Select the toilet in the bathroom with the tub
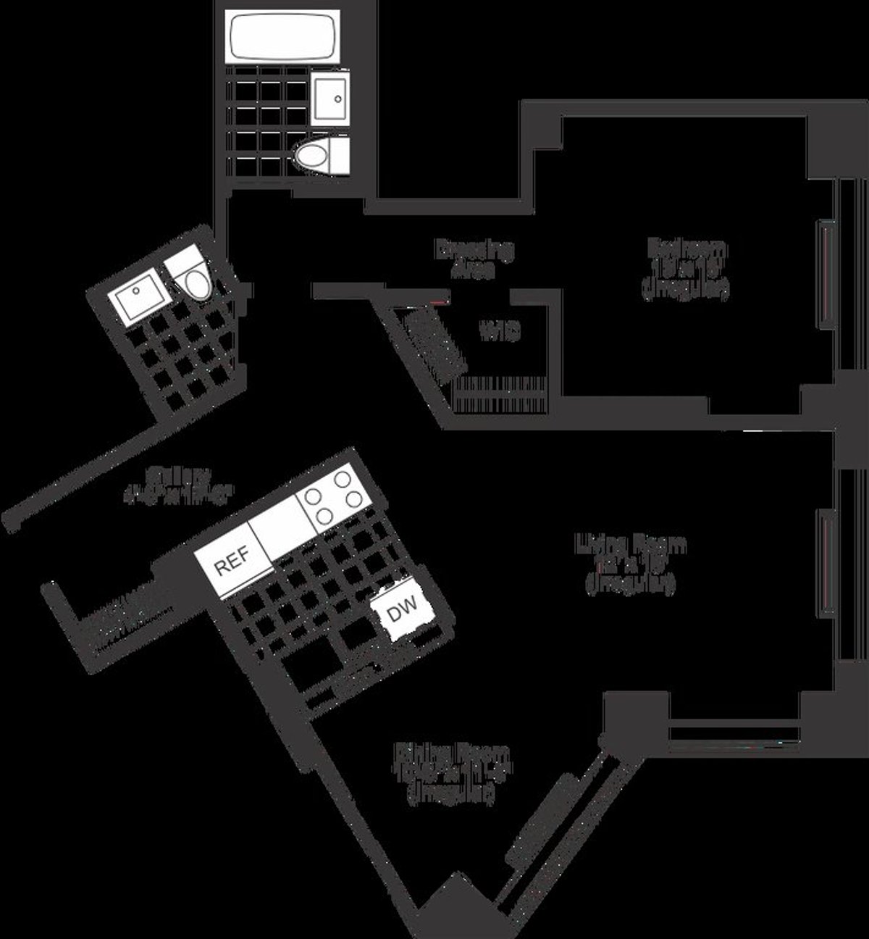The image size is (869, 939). (x=321, y=155)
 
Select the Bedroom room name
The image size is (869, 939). (x=687, y=249)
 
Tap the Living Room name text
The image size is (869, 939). (x=631, y=543)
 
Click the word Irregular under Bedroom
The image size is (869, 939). (x=684, y=290)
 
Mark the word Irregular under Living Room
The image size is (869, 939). (x=631, y=584)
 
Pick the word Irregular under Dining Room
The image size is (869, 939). (x=453, y=795)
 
